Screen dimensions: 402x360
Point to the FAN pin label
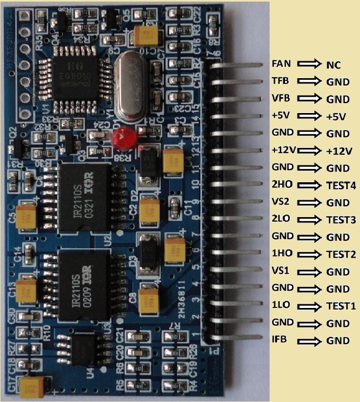281,64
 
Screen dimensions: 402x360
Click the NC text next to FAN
333,65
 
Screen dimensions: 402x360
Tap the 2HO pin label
281,185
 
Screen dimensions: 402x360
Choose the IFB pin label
280,340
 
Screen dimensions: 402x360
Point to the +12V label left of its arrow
283,151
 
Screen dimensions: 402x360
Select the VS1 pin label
280,272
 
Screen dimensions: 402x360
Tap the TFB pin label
280,82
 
